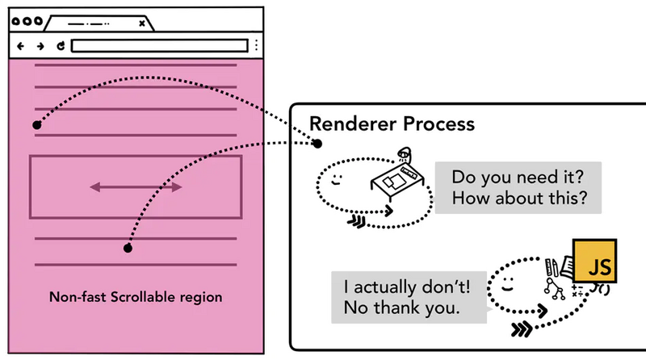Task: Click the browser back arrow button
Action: [x=21, y=46]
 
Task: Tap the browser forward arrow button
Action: [x=40, y=46]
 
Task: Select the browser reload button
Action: [x=60, y=46]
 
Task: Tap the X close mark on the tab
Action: [x=142, y=23]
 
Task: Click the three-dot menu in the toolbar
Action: [x=256, y=45]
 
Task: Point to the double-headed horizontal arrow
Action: [x=136, y=187]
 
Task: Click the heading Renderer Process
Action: [x=392, y=124]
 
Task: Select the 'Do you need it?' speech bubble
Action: [x=518, y=186]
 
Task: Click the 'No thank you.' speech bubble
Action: [x=412, y=296]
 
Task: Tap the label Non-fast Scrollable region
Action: [x=136, y=297]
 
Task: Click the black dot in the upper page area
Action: [x=36, y=125]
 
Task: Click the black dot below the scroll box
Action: [x=128, y=248]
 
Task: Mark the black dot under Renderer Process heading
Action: [x=318, y=144]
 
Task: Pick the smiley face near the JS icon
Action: [x=508, y=285]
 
